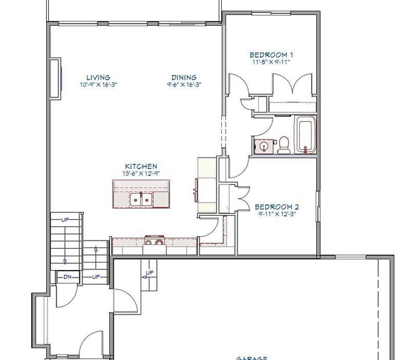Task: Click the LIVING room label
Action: tap(99, 77)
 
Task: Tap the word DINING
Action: tap(185, 77)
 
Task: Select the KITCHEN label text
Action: tap(141, 167)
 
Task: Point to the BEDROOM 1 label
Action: tap(271, 55)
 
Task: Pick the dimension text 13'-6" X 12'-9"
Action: tap(141, 173)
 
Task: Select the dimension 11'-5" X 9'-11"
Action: tap(271, 62)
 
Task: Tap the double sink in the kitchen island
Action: tap(141, 199)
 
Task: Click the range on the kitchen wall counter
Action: tap(154, 242)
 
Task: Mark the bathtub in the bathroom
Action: tap(306, 134)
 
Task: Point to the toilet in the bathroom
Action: tap(283, 144)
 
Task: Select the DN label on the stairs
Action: tap(66, 276)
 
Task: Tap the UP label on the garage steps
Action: tap(149, 273)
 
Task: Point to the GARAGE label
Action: tap(252, 357)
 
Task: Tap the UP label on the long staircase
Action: tap(65, 219)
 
